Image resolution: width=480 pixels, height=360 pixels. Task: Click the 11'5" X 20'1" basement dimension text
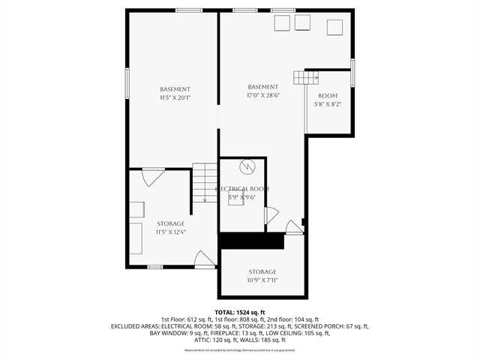pyautogui.click(x=175, y=97)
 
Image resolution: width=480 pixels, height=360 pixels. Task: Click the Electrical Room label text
pyautogui.click(x=242, y=188)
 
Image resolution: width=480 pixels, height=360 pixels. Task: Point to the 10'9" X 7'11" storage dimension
pyautogui.click(x=262, y=280)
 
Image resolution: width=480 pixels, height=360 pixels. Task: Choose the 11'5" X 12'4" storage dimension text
pyautogui.click(x=170, y=232)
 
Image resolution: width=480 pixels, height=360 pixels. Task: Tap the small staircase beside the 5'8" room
pyautogui.click(x=306, y=76)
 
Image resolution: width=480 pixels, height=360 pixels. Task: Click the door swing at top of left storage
pyautogui.click(x=154, y=177)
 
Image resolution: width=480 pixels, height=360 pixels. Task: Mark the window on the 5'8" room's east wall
pyautogui.click(x=352, y=71)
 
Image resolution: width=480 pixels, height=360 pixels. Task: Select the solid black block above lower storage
pyautogui.click(x=252, y=241)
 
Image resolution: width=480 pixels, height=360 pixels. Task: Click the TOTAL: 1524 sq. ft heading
pyautogui.click(x=240, y=312)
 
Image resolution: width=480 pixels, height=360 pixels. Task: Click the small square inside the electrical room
pyautogui.click(x=235, y=200)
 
